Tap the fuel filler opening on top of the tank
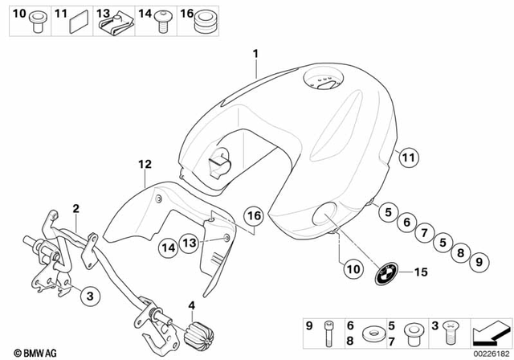323,81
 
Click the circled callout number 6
407,223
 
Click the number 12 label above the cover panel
144,164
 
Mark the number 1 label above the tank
255,54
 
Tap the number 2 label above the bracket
75,207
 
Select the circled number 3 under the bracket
90,295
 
